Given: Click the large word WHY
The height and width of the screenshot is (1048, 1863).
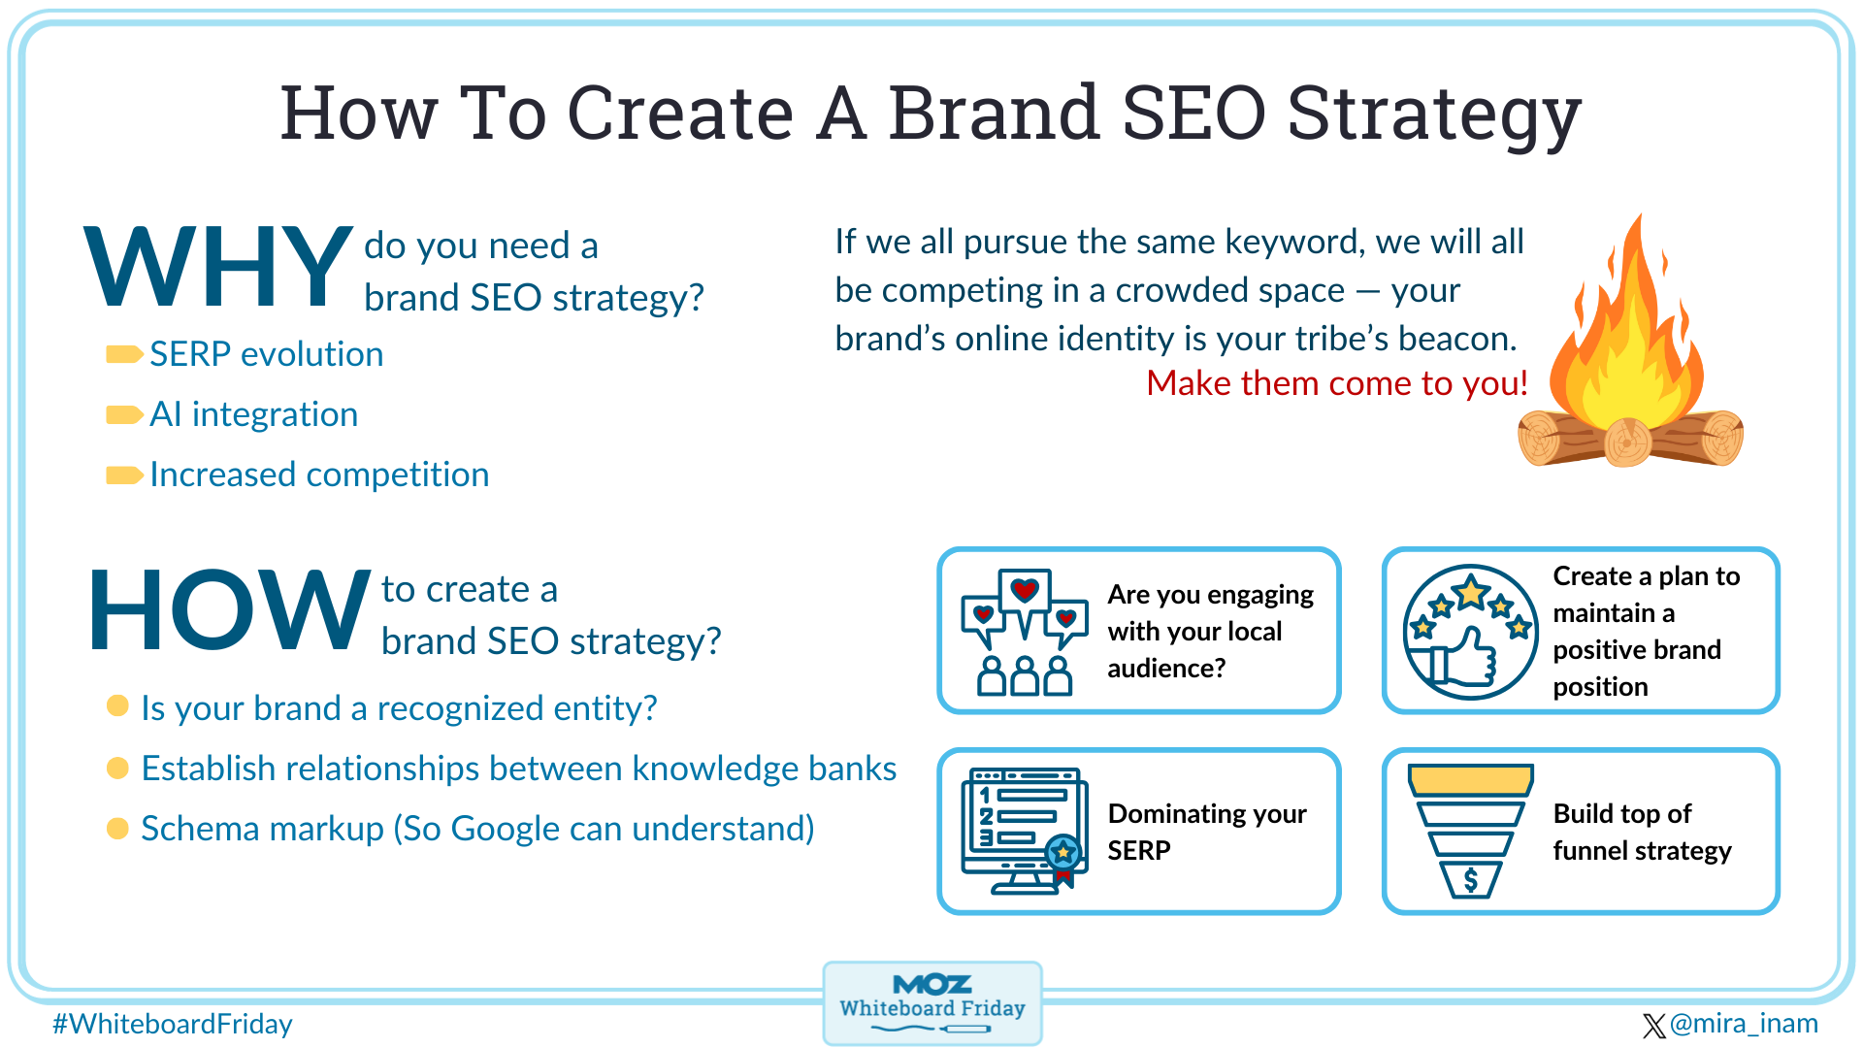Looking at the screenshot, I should (x=218, y=267).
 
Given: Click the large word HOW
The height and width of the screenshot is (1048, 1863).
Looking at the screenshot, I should (x=229, y=610).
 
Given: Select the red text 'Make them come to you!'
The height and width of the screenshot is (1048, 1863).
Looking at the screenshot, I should (x=1336, y=383).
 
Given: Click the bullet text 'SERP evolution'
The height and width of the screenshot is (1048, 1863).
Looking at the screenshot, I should (x=266, y=354).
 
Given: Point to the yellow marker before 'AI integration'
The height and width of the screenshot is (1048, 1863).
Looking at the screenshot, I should (x=123, y=415).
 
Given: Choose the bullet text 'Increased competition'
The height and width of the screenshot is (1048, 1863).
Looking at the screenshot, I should (x=319, y=475).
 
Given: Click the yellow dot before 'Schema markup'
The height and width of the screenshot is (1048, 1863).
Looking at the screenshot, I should (x=117, y=829).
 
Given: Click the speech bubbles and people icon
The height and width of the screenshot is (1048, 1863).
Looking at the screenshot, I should (x=1024, y=632).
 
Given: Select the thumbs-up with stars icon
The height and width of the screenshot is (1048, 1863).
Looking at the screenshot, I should (x=1470, y=632).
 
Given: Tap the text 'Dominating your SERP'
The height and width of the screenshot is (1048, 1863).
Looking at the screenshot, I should (x=1206, y=832).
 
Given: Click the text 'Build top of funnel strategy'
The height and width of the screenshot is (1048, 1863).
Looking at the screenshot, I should (x=1641, y=832).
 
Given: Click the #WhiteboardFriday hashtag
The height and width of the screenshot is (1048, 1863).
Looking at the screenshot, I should (x=173, y=1024).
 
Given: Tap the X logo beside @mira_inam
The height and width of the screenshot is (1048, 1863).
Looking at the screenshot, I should (x=1653, y=1026).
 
